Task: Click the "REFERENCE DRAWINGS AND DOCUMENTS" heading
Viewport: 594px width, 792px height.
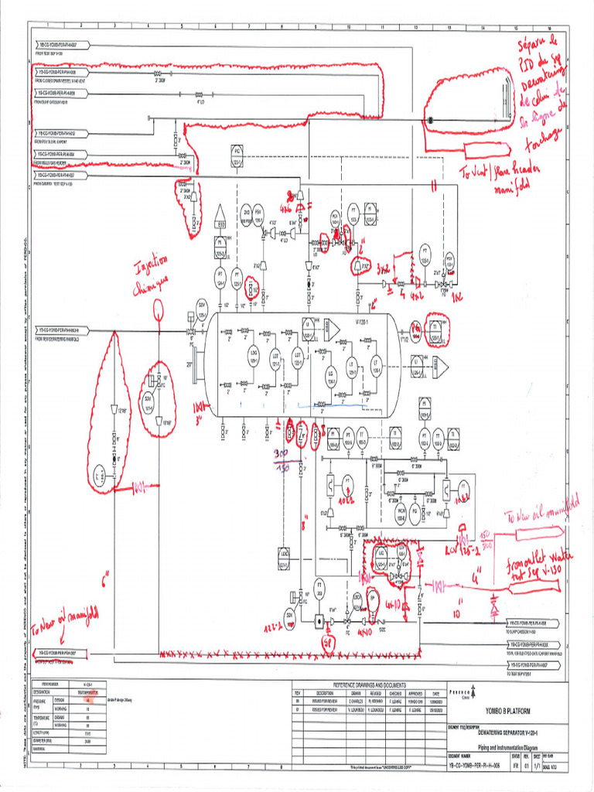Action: click(369, 685)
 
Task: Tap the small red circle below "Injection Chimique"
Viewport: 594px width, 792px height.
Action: click(159, 310)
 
